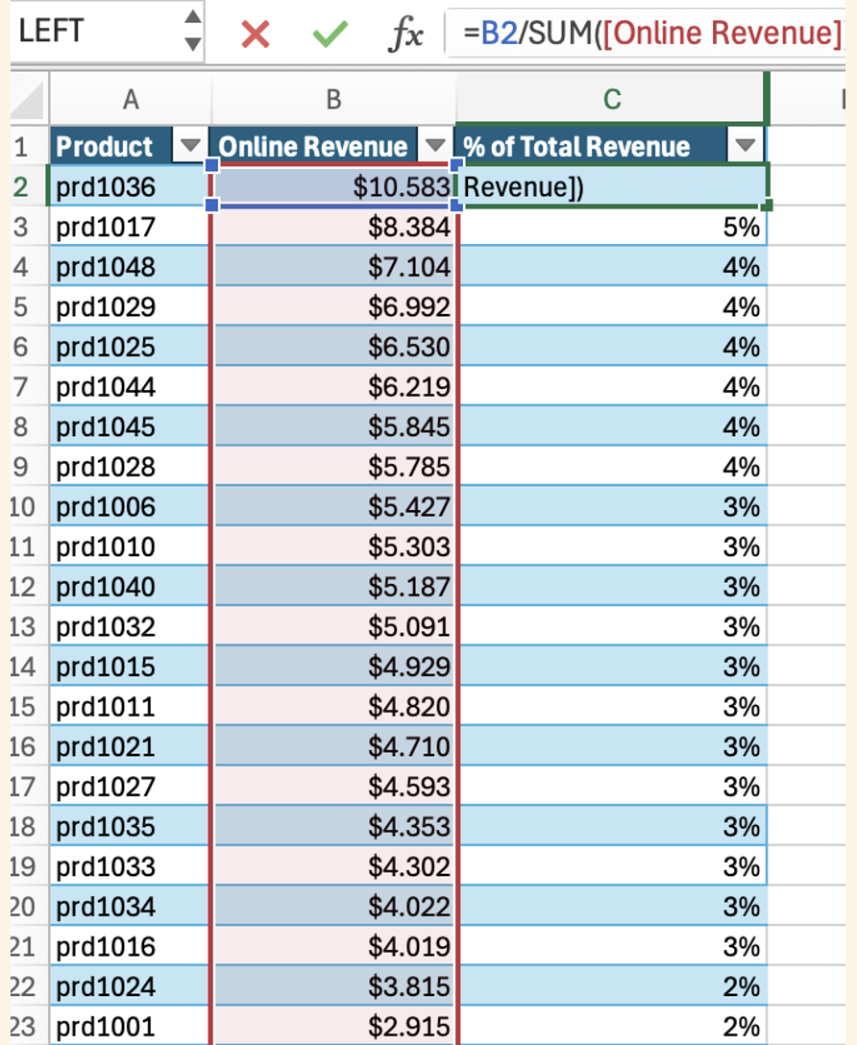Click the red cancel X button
tap(256, 34)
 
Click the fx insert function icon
tap(405, 34)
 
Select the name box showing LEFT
tap(107, 32)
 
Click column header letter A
tap(131, 99)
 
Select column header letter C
tap(612, 99)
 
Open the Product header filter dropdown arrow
tap(190, 145)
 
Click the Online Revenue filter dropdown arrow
tap(435, 145)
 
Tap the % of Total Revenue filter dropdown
tap(745, 145)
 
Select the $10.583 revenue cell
tap(334, 186)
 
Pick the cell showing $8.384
tap(334, 227)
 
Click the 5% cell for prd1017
tap(612, 227)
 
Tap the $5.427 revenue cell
tap(334, 506)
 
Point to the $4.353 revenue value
tap(409, 826)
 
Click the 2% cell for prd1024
tap(612, 986)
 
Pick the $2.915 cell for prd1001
tap(334, 1026)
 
